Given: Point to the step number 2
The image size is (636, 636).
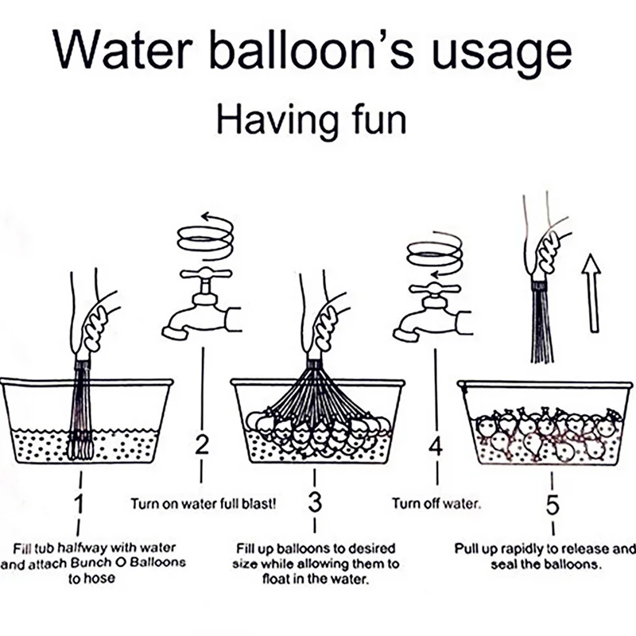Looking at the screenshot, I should click(202, 445).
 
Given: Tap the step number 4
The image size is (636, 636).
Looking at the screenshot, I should click(436, 447).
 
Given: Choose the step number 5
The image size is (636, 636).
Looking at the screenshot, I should click(553, 504).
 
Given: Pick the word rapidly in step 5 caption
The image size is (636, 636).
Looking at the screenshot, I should click(525, 549).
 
